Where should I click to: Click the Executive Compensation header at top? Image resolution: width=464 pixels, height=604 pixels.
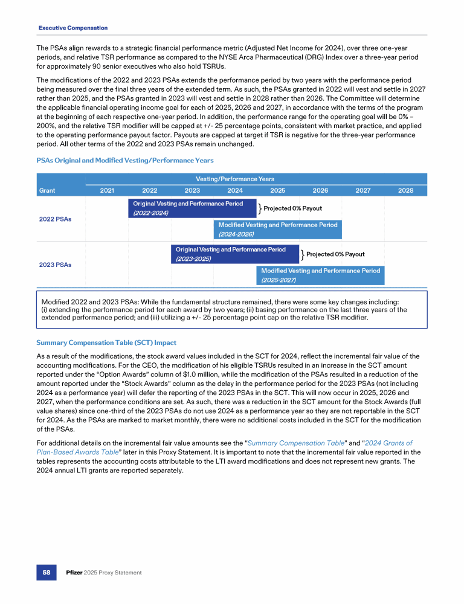point(72,28)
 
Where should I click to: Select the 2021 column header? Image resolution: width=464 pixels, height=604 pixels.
point(107,190)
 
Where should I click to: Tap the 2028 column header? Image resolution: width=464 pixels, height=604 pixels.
point(405,190)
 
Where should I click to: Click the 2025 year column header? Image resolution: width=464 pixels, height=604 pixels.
point(277,190)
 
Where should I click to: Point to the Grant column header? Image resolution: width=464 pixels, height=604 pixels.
point(47,190)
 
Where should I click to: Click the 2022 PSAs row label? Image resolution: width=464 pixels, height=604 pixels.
point(55,219)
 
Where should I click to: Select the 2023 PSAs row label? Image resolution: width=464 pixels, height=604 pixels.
point(55,265)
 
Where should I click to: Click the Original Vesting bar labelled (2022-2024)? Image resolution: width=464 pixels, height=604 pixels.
point(192,208)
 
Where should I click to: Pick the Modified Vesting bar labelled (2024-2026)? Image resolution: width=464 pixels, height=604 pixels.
point(277,229)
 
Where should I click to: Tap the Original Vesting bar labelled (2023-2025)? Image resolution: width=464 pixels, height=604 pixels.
point(235,254)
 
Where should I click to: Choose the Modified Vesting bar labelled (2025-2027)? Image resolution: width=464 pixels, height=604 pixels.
point(320,275)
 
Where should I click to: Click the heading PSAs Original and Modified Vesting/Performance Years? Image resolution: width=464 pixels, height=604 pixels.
point(125,161)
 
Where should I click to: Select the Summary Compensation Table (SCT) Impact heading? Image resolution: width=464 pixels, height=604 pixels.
point(114,343)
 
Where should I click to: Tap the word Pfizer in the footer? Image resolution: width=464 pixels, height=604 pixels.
point(74,572)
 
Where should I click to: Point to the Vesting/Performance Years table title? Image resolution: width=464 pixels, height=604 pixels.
point(235,179)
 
